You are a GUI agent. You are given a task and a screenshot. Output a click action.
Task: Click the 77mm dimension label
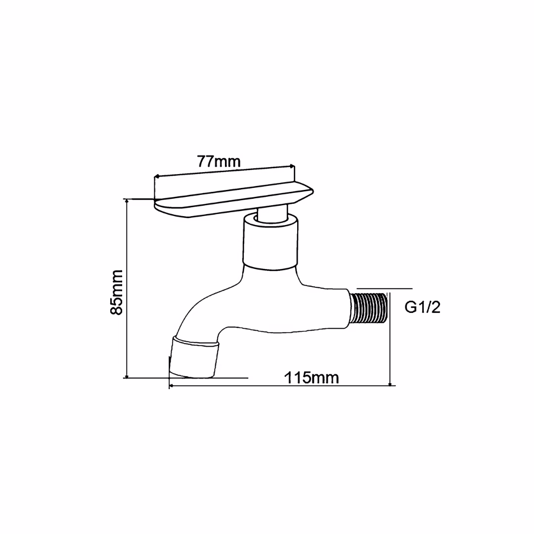(219, 161)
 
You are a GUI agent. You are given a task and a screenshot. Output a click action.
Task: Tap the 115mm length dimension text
(311, 378)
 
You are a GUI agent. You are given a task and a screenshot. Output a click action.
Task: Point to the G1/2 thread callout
(422, 308)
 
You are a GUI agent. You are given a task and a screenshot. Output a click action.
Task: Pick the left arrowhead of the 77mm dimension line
(157, 176)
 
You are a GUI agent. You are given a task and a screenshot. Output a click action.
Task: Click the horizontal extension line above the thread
(384, 288)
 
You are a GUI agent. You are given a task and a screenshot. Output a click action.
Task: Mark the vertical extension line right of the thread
(391, 336)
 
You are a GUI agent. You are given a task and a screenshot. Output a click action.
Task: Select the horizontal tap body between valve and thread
(316, 309)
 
